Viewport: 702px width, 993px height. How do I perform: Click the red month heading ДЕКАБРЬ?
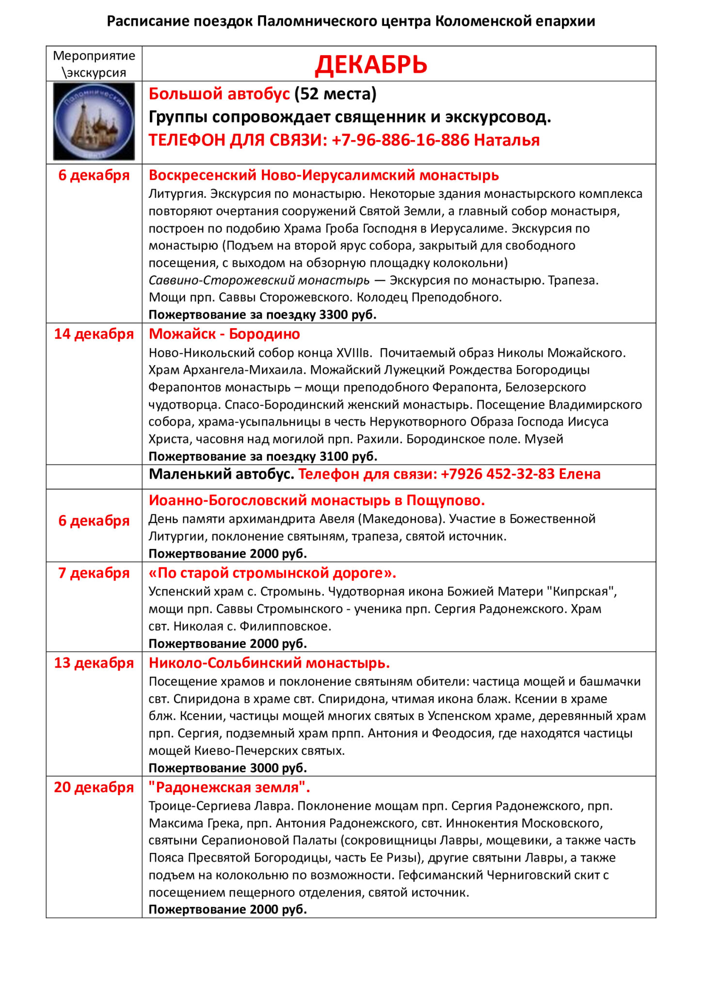[x=371, y=64]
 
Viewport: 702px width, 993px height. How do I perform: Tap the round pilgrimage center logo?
[x=94, y=121]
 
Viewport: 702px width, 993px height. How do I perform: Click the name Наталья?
[x=507, y=140]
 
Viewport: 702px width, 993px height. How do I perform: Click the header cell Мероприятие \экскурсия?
[x=94, y=64]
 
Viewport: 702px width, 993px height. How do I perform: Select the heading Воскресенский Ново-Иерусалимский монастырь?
[x=323, y=175]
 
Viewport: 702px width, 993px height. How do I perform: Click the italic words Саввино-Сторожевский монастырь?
[x=259, y=280]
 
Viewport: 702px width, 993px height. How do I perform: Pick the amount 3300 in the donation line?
[x=334, y=315]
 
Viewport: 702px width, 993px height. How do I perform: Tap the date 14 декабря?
[x=94, y=334]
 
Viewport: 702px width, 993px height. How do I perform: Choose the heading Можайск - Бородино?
[x=224, y=334]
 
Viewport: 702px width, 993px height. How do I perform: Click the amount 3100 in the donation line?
[x=334, y=456]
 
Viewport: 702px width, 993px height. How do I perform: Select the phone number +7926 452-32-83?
[x=497, y=474]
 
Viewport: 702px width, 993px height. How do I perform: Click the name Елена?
[x=579, y=474]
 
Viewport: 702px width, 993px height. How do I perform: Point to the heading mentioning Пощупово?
[x=317, y=500]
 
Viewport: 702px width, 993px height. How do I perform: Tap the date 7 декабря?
[x=94, y=573]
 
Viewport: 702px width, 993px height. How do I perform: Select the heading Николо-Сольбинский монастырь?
[x=269, y=663]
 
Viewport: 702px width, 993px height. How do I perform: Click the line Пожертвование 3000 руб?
[x=228, y=768]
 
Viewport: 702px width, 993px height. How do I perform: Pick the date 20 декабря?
[x=94, y=787]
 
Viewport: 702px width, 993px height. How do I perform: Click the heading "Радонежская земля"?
[x=229, y=787]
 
